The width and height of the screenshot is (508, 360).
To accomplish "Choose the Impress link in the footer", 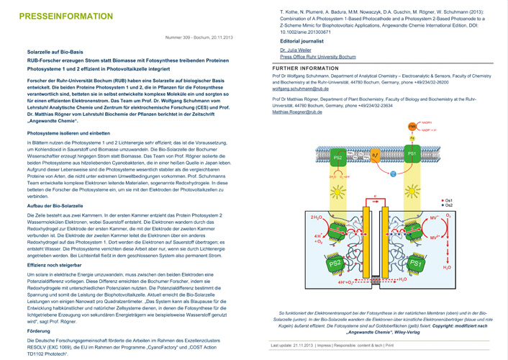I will click(x=333, y=346).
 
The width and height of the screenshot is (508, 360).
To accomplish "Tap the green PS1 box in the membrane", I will click(x=414, y=154).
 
